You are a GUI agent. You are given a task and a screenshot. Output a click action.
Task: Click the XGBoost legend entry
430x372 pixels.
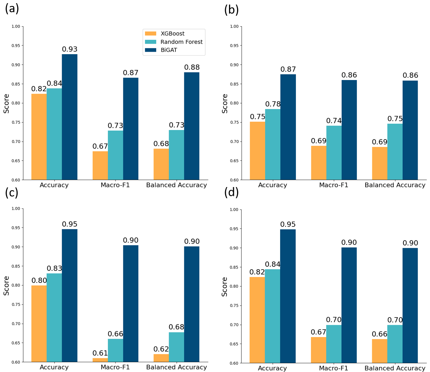point(172,34)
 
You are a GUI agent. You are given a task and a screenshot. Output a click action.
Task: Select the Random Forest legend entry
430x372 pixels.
point(181,42)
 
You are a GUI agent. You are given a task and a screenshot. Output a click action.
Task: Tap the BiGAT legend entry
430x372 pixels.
point(168,50)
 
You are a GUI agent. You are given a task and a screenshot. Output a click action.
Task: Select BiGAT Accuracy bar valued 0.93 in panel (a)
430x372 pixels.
point(70,117)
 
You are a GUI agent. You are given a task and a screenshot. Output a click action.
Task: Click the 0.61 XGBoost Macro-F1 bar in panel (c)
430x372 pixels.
point(100,360)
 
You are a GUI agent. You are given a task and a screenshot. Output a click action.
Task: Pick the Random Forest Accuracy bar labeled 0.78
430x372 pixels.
point(273,144)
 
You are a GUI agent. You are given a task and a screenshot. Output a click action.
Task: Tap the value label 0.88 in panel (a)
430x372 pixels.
point(192,67)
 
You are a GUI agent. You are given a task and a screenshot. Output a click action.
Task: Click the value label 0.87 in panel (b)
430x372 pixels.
point(288,69)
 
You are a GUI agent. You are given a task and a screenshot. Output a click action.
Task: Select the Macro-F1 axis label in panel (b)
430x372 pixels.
point(334,185)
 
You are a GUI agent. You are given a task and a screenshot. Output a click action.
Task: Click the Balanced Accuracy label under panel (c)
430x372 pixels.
point(176,367)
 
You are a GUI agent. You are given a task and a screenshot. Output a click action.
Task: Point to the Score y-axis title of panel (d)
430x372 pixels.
point(225,287)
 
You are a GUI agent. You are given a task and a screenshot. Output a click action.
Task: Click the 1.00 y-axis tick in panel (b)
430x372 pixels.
point(234,27)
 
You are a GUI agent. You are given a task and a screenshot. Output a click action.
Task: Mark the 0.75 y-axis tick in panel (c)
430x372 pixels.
point(16,305)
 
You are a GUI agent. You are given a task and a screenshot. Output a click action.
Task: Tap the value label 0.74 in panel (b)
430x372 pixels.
point(334,121)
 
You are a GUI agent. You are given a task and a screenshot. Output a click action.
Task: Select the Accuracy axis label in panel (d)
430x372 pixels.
point(272,368)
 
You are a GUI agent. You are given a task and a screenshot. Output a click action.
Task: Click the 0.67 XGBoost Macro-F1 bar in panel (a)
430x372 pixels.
point(100,165)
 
